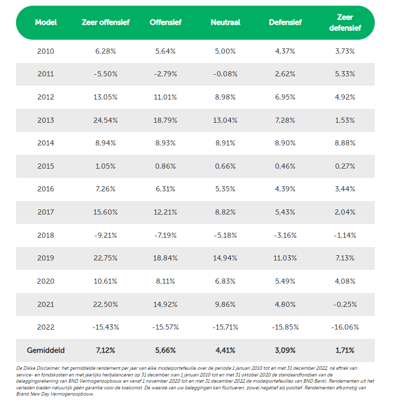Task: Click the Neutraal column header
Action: (x=226, y=22)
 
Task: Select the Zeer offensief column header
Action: (x=105, y=22)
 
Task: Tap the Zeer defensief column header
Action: (x=345, y=22)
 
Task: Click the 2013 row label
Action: (x=46, y=120)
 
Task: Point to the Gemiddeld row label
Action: (x=46, y=350)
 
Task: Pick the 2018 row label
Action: (x=46, y=235)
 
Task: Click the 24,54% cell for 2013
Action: (x=105, y=120)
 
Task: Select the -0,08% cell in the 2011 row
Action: (x=226, y=74)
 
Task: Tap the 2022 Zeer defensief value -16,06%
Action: (x=345, y=327)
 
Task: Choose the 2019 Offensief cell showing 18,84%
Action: (x=165, y=258)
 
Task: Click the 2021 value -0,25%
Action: (x=345, y=304)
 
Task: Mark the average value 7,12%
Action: (x=105, y=350)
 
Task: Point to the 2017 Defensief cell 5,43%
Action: (x=285, y=212)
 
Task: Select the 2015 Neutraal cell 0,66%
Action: (x=226, y=166)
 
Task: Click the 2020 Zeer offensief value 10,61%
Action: (x=105, y=281)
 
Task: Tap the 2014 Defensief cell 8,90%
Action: (x=285, y=143)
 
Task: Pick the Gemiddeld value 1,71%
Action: (x=345, y=350)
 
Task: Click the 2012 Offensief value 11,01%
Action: (x=165, y=97)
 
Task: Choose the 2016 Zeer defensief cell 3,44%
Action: (x=345, y=189)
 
